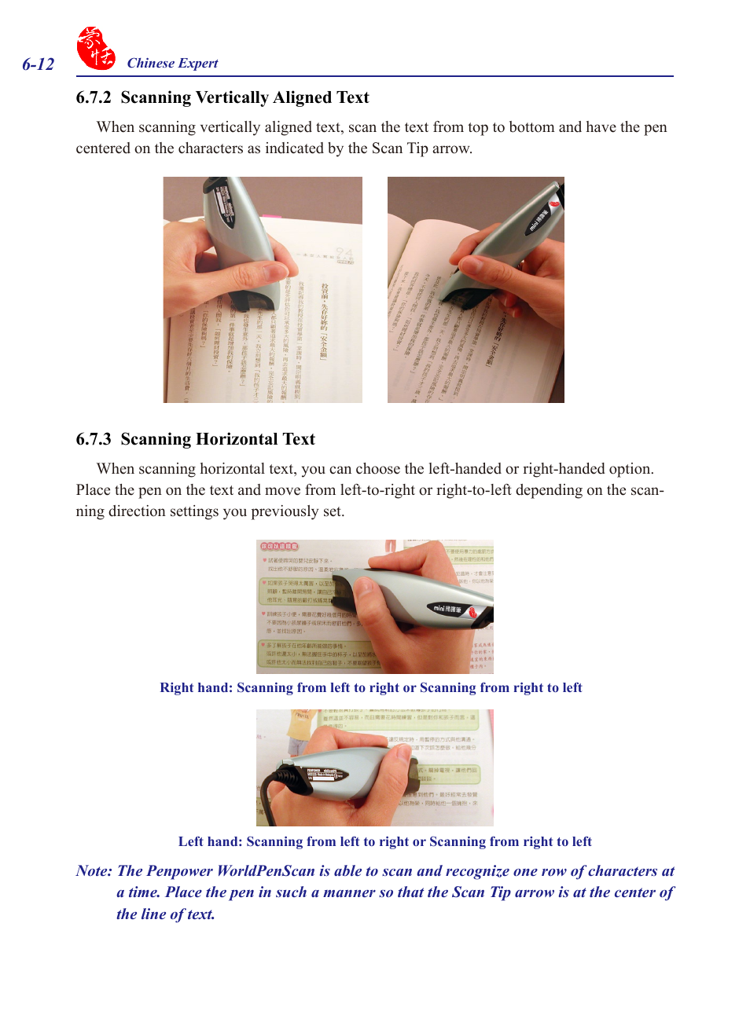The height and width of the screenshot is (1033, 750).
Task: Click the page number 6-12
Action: (38, 64)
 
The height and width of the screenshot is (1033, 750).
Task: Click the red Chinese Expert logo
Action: (95, 49)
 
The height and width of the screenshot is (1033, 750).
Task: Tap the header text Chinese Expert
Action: (172, 64)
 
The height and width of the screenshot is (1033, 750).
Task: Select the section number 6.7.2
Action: (93, 97)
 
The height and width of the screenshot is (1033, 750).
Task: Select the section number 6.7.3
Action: (93, 439)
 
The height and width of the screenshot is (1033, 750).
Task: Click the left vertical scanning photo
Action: (263, 290)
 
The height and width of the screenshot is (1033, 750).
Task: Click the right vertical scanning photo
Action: (476, 290)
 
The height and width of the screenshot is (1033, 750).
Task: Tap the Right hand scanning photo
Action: (374, 606)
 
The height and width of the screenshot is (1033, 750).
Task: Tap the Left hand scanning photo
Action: (374, 767)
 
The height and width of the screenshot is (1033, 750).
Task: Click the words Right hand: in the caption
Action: (196, 688)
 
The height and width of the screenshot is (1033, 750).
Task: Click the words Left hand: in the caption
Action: (210, 842)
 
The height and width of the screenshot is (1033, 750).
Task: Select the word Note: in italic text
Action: (94, 871)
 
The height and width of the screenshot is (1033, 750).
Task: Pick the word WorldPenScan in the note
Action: (266, 871)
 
